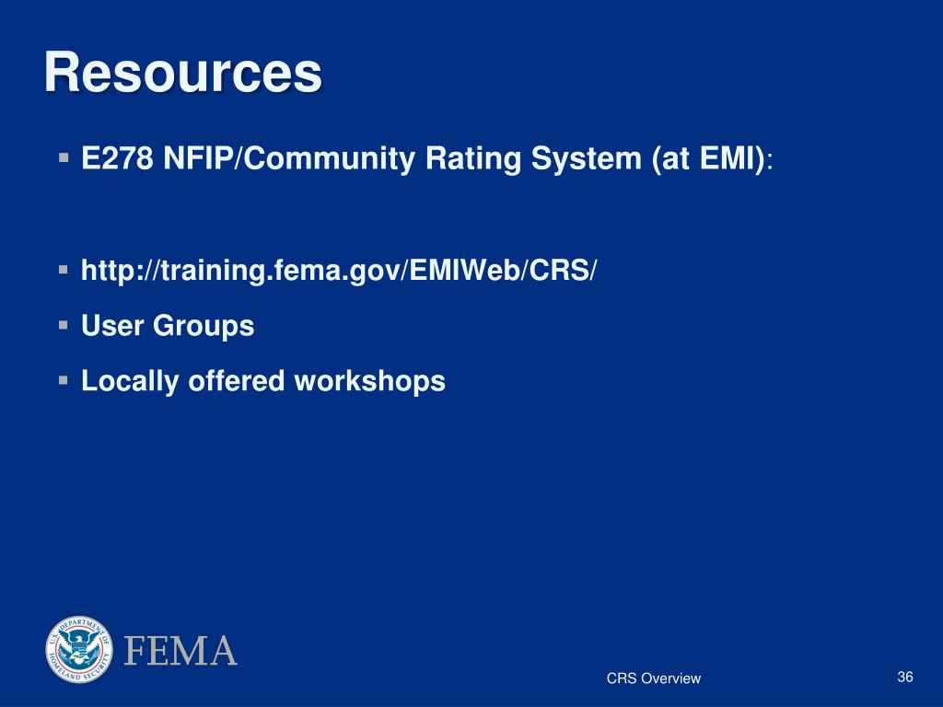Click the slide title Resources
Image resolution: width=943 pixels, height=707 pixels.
(183, 74)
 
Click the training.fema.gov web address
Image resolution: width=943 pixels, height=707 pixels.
(339, 271)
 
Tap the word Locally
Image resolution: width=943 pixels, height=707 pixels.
(131, 381)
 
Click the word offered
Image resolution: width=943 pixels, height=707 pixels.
(237, 381)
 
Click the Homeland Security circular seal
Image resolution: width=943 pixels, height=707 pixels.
(77, 650)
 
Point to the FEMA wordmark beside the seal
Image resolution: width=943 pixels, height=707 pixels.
(180, 651)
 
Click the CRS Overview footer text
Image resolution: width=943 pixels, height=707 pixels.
(653, 678)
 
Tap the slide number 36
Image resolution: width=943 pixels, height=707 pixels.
(904, 678)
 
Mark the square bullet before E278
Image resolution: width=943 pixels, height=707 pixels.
(64, 158)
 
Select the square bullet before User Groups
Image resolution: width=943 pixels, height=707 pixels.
(64, 324)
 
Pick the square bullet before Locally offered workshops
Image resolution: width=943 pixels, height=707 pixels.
(64, 379)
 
